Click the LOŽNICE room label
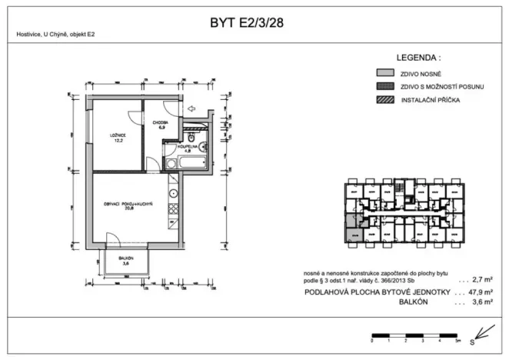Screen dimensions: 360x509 click(x=117, y=138)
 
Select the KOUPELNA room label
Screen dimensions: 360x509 click(x=188, y=148)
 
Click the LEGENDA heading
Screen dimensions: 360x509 click(x=418, y=58)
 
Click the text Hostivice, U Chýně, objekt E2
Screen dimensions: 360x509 click(x=55, y=35)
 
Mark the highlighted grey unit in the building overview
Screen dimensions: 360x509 click(x=352, y=234)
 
